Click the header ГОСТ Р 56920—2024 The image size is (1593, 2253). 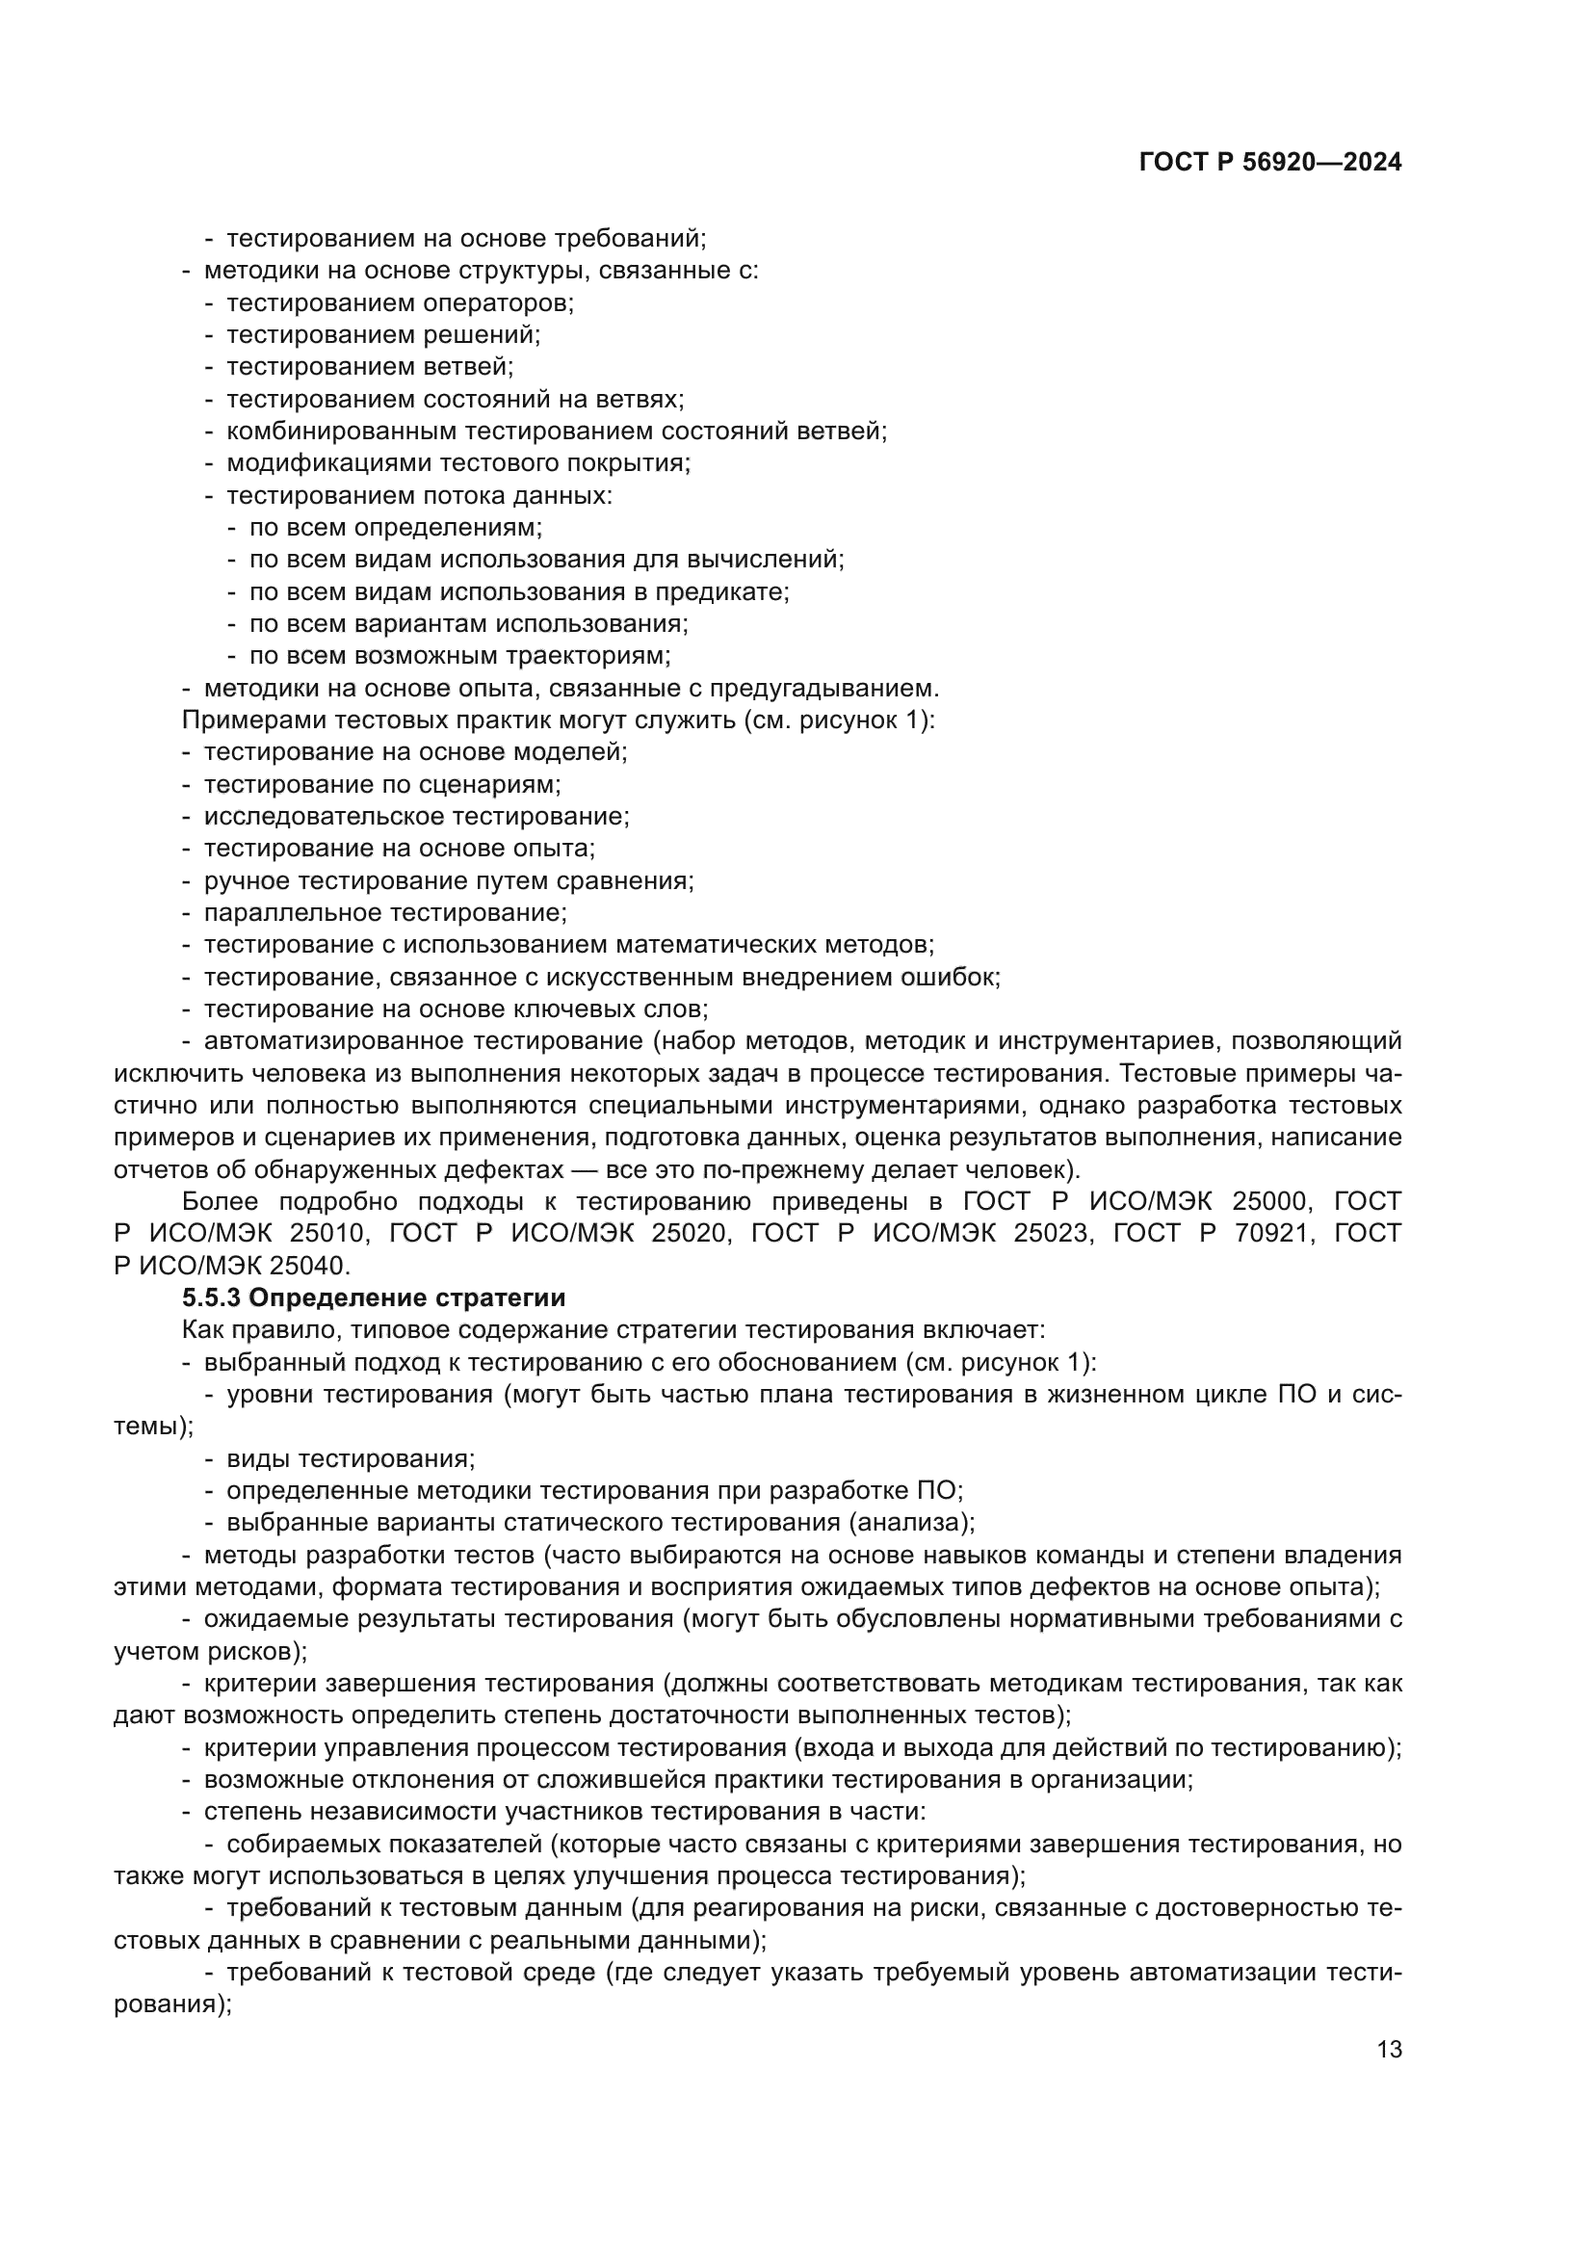click(x=1269, y=163)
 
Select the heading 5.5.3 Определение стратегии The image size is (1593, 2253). click(x=374, y=1298)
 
